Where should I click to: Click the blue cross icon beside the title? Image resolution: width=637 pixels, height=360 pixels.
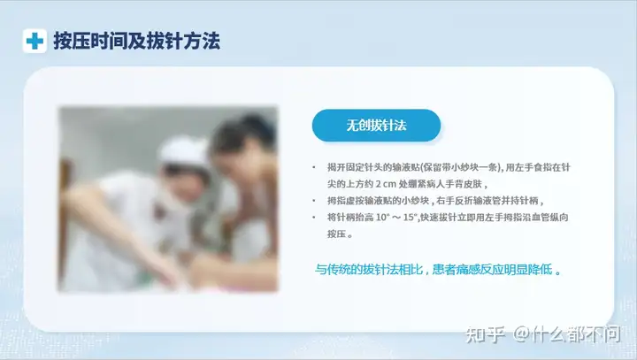coord(35,41)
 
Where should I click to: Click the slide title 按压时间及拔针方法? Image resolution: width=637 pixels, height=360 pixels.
coord(137,41)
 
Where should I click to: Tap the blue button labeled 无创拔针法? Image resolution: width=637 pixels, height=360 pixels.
coord(376,125)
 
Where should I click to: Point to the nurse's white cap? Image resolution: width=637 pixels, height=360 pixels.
coord(184,150)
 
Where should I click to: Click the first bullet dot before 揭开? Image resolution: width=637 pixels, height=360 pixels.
coord(313,167)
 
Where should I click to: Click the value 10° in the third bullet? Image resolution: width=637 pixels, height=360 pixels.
coord(382,218)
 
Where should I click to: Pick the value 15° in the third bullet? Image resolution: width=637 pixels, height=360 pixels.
coord(411,218)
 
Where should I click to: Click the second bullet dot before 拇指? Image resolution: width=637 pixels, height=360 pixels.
coord(313,201)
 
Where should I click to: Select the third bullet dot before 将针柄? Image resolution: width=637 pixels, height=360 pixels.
coord(313,218)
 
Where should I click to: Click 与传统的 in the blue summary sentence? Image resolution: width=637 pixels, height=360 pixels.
coord(339,270)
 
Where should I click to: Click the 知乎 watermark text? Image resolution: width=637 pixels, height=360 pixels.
coord(485,334)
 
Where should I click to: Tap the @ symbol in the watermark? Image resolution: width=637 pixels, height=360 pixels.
coord(522,334)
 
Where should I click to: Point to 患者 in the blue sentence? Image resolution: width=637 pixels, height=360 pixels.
coord(443,270)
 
